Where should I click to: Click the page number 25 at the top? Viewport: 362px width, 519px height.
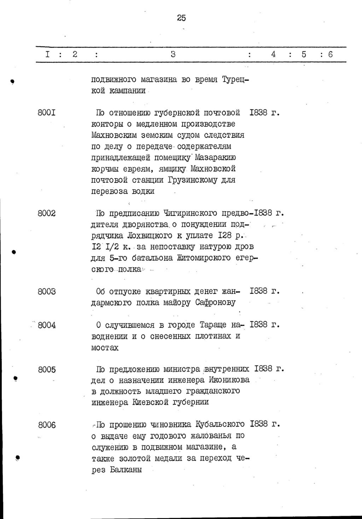tap(181, 18)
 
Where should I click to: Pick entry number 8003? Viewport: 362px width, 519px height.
tap(47, 292)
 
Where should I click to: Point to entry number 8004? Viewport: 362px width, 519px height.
tap(47, 325)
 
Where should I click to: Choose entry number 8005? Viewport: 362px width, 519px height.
tap(47, 369)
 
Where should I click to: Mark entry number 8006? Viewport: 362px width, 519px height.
tap(47, 425)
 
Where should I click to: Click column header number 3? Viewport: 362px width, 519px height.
tap(173, 54)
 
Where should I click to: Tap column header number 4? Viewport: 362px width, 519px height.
tap(273, 54)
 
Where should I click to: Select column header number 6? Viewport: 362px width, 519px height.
tap(331, 54)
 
